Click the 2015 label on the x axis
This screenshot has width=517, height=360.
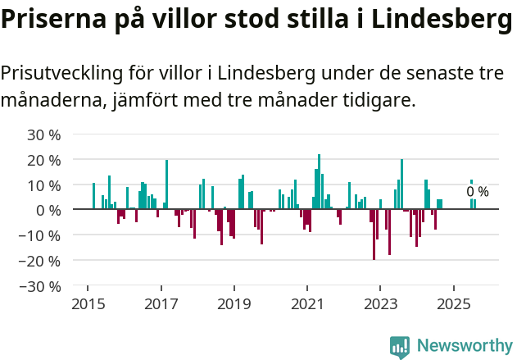88,304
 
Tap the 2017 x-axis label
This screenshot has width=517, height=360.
161,304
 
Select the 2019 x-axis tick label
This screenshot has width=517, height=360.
234,304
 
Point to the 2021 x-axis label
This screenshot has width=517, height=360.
307,304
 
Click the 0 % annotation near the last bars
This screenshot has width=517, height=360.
478,192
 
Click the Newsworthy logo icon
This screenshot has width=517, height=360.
400,347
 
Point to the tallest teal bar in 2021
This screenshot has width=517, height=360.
319,181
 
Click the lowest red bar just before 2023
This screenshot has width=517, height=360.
374,235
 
